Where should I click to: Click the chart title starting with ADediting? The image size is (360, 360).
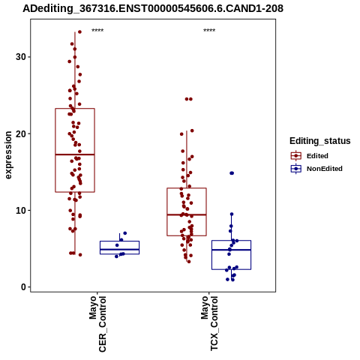click(153, 9)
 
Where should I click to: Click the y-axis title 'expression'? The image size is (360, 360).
click(8, 155)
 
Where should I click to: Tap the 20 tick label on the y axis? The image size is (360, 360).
click(21, 133)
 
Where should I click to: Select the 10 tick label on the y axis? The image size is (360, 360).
click(21, 211)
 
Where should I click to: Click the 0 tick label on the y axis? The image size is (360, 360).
click(24, 287)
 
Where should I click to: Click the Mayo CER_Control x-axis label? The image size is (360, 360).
click(97, 324)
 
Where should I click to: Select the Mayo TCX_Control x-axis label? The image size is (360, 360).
click(209, 323)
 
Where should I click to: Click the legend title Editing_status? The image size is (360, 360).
click(320, 141)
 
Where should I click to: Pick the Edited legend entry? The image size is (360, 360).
click(310, 156)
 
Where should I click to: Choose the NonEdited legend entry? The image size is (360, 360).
click(316, 169)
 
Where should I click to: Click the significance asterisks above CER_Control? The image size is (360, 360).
click(97, 31)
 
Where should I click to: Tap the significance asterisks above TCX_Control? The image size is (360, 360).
click(209, 31)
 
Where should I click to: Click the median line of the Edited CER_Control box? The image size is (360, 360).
click(75, 154)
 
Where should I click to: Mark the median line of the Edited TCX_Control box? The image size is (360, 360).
click(187, 214)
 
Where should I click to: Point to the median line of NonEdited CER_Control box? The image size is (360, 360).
click(119, 250)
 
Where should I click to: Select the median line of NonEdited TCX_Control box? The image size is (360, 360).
click(231, 250)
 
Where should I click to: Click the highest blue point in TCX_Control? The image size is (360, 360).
click(232, 173)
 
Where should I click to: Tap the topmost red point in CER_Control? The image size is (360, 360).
click(79, 31)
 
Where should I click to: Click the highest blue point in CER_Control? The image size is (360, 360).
click(125, 233)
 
